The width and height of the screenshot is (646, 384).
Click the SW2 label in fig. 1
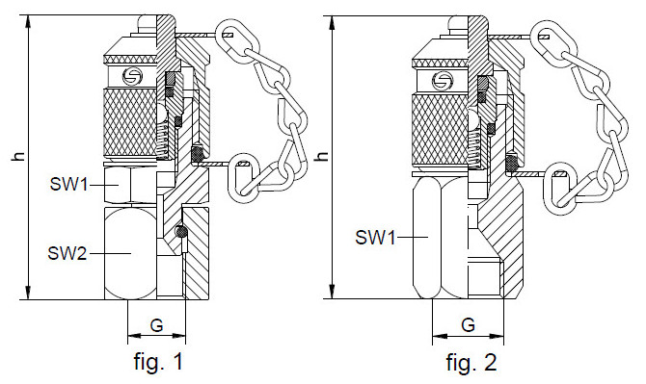[x=67, y=253]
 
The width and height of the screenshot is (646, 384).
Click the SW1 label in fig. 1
[x=68, y=184]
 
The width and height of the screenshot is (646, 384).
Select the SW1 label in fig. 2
[x=375, y=238]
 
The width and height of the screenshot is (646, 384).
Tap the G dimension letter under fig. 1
[x=156, y=325]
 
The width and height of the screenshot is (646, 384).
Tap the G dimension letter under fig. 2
[x=468, y=325]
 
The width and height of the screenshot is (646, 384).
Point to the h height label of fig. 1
[x=18, y=156]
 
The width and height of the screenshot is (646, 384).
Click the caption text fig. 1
[x=158, y=362]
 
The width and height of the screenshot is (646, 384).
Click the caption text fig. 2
[x=471, y=363]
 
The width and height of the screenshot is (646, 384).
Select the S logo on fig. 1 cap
[x=132, y=76]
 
